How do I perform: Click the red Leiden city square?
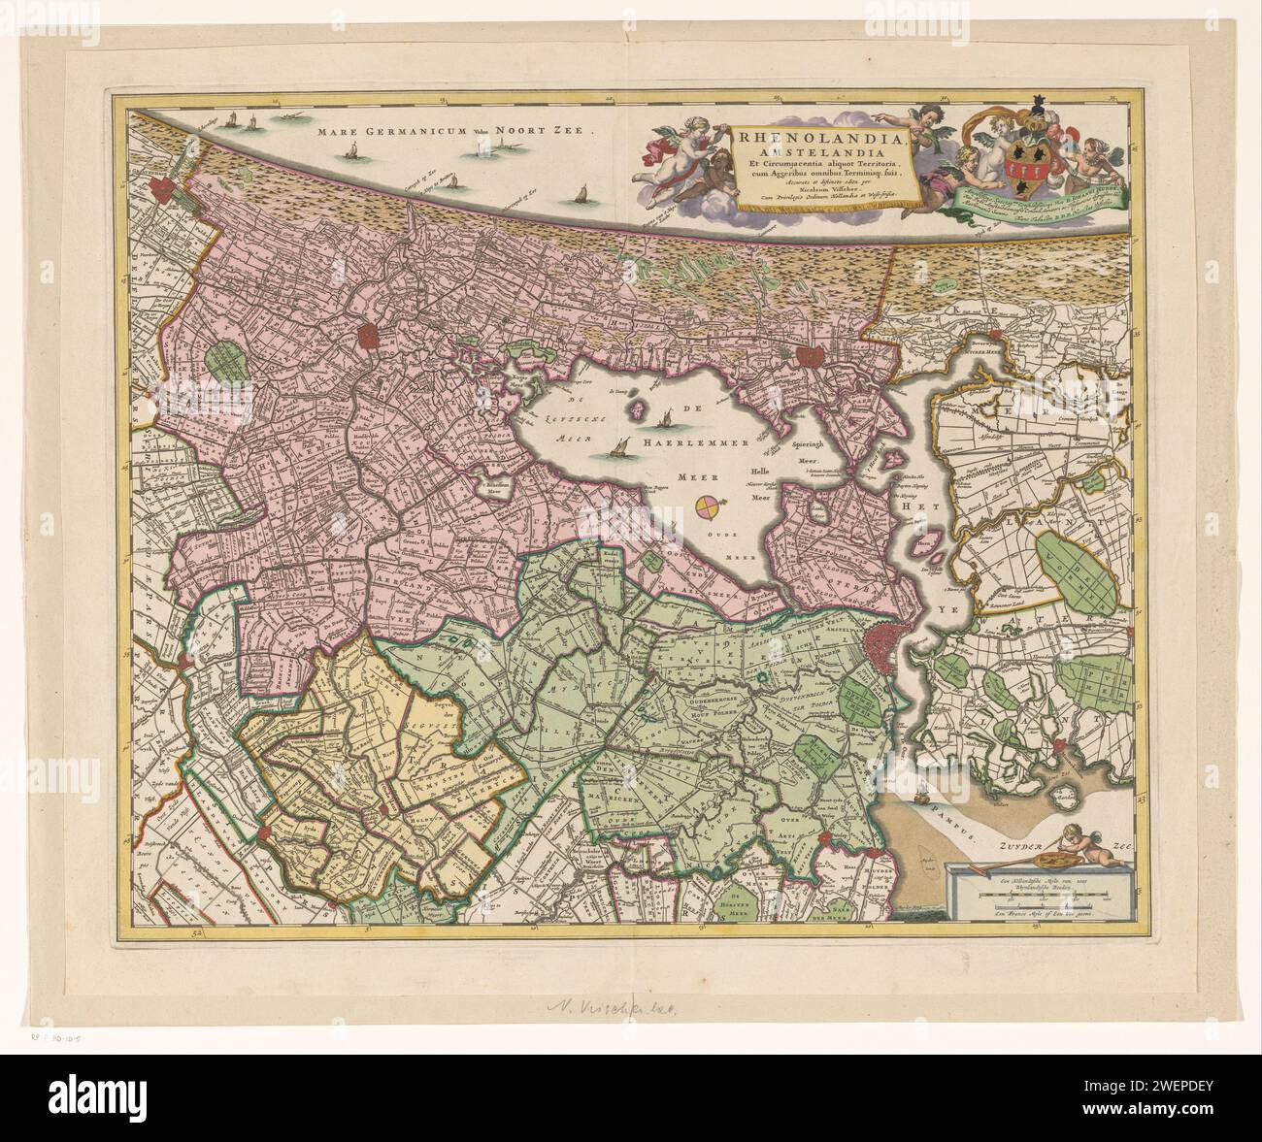click(370, 337)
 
